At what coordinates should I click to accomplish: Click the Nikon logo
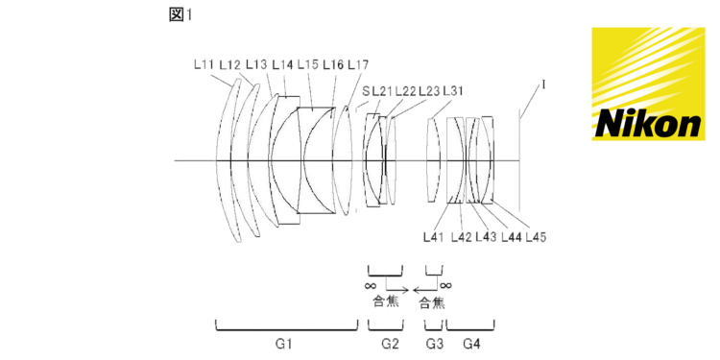(648, 84)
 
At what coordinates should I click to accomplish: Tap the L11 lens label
(204, 65)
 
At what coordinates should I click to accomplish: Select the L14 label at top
(282, 65)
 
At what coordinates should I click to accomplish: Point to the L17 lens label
(358, 65)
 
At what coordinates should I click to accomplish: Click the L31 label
(453, 91)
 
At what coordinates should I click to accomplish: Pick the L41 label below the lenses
(434, 237)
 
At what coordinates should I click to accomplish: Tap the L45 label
(536, 237)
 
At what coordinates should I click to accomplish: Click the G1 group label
(286, 344)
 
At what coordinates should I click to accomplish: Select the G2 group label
(391, 344)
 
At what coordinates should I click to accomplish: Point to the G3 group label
(434, 344)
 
